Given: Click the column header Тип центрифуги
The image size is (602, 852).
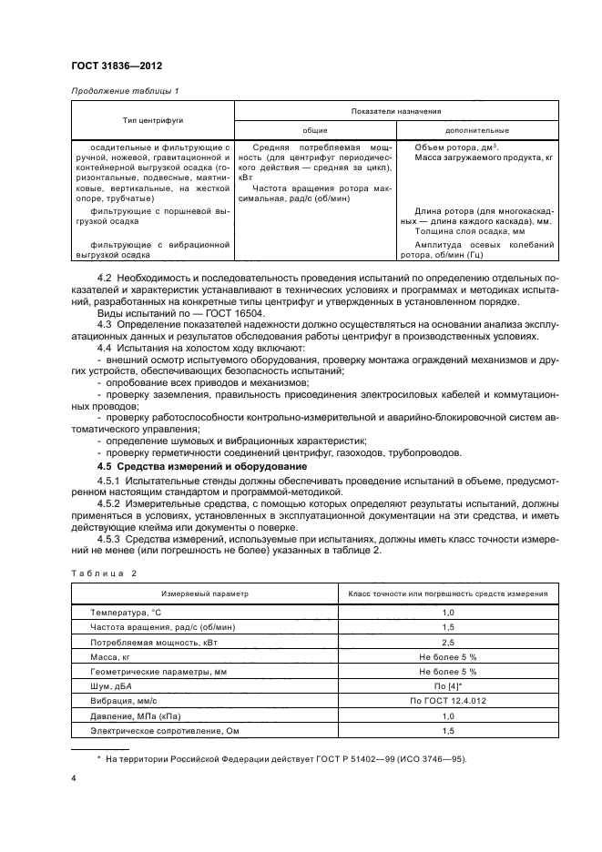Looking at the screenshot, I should [x=153, y=119].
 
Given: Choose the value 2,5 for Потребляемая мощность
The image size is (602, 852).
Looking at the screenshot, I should [x=448, y=642].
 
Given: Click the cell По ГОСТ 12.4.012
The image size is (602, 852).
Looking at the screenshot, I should [x=448, y=700].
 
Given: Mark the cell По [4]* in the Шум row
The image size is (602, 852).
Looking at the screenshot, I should [x=448, y=685].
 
